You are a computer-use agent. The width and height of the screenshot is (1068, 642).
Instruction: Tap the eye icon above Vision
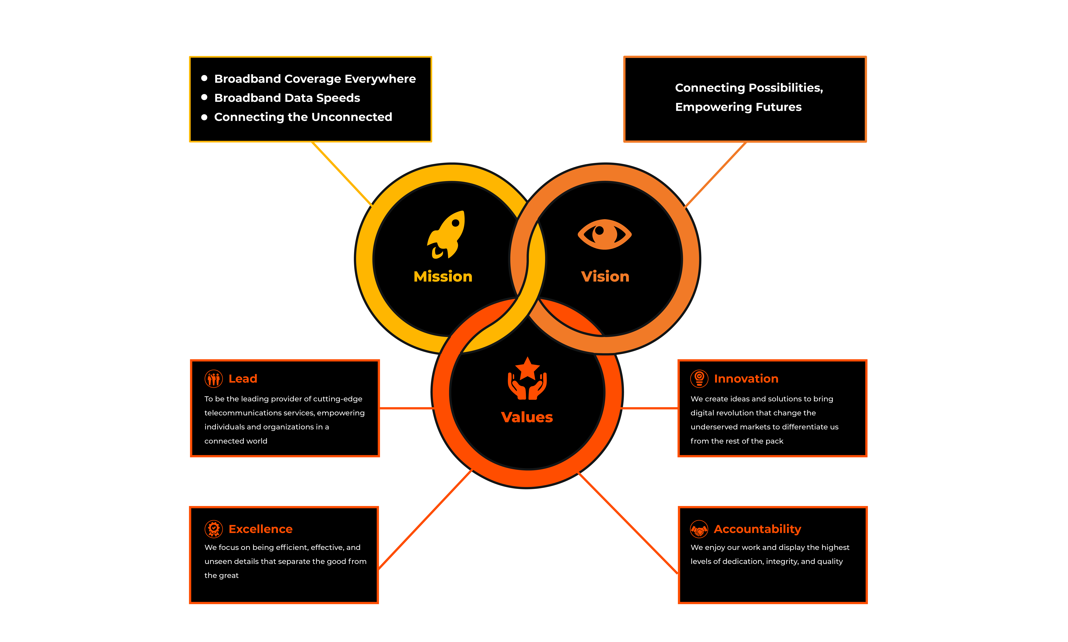coord(605,234)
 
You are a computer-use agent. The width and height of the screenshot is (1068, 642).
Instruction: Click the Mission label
coord(443,276)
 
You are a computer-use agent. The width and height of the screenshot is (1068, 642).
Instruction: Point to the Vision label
coord(605,276)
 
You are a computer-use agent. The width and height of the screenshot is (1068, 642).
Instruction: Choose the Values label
coord(527,417)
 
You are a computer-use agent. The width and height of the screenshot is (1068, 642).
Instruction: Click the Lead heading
coord(243,379)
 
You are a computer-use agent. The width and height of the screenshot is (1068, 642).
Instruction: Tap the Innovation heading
coord(746,379)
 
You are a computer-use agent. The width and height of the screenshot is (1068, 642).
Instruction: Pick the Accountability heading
coord(757,529)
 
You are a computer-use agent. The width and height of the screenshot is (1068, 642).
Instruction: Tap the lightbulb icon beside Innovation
coord(699,379)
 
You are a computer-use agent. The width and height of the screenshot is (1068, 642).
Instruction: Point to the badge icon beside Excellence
coord(214,529)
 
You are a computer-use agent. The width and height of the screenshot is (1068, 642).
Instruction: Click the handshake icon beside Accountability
coord(699,529)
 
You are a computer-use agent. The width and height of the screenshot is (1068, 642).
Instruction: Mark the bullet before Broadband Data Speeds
coord(204,97)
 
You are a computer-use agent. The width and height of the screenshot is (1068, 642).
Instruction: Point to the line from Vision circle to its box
coord(716,174)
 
